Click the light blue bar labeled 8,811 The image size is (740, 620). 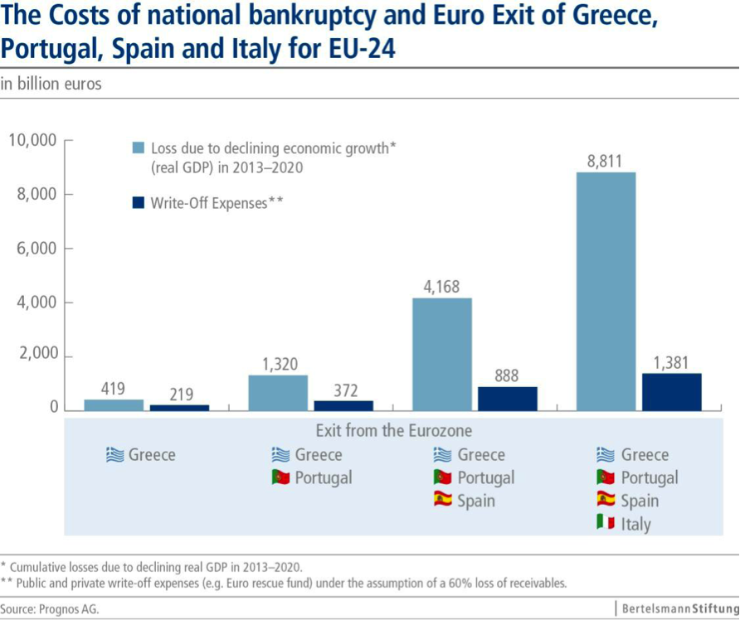pyautogui.click(x=606, y=290)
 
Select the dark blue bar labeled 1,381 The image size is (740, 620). pyautogui.click(x=671, y=391)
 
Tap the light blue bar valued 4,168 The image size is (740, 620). pyautogui.click(x=442, y=353)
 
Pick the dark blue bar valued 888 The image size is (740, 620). pyautogui.click(x=508, y=398)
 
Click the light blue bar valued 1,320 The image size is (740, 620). pyautogui.click(x=278, y=392)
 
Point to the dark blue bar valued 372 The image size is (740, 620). pyautogui.click(x=343, y=404)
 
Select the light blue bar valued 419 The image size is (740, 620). pyautogui.click(x=114, y=404)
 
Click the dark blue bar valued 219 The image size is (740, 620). pyautogui.click(x=179, y=407)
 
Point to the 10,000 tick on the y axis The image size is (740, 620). pyautogui.click(x=32, y=140)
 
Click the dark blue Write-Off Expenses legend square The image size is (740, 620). pyautogui.click(x=139, y=202)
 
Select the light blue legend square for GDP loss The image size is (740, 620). pyautogui.click(x=139, y=148)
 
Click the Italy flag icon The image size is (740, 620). pyautogui.click(x=606, y=523)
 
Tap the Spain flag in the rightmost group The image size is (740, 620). pyautogui.click(x=606, y=500)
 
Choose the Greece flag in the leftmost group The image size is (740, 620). pyautogui.click(x=114, y=454)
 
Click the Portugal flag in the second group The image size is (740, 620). pyautogui.click(x=280, y=477)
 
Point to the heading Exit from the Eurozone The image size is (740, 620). pyautogui.click(x=394, y=431)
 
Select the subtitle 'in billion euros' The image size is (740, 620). pyautogui.click(x=51, y=84)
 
